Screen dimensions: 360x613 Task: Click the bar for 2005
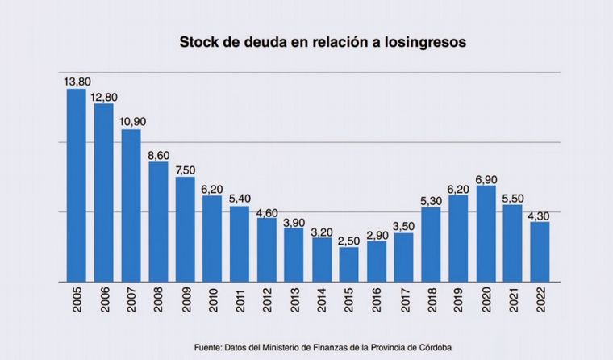[x=77, y=185]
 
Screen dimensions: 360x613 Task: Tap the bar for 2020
[x=486, y=234]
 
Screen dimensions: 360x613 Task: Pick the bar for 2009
[x=186, y=229]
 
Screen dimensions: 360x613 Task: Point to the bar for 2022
[x=540, y=252]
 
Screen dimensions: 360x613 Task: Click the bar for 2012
[x=267, y=249]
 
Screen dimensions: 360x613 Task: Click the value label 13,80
[x=77, y=81]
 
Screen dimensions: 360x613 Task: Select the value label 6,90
[x=486, y=178]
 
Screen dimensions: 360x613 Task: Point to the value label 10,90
[x=131, y=122]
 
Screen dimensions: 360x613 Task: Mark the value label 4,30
[x=540, y=215]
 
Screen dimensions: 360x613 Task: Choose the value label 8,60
[x=159, y=154]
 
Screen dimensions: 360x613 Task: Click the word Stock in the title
[x=197, y=42]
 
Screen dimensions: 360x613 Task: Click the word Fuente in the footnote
[x=208, y=347]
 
